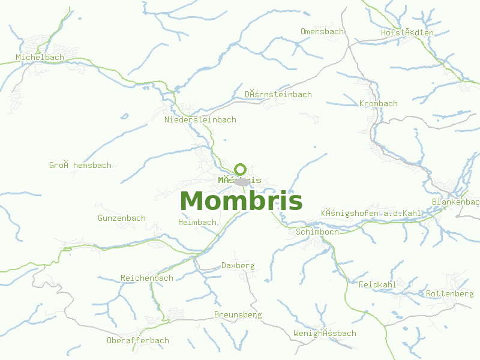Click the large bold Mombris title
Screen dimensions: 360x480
[241, 200]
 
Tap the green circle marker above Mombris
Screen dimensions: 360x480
[241, 169]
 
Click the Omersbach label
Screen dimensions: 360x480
[322, 31]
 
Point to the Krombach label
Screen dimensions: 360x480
[378, 104]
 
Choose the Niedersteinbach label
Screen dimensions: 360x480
[200, 120]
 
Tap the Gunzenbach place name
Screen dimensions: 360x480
[121, 218]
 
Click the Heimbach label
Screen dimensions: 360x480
[197, 223]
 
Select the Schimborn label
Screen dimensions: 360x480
[317, 232]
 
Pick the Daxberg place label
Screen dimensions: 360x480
[238, 265]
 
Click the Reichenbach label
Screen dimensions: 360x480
[147, 278]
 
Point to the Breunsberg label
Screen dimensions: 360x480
[238, 315]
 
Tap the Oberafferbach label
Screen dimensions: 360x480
[138, 341]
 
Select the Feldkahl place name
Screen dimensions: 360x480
[377, 284]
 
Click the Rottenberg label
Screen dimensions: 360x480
[449, 294]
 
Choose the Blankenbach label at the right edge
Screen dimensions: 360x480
[456, 202]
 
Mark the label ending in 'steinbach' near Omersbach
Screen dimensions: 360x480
[278, 95]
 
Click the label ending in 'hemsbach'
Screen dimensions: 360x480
[80, 166]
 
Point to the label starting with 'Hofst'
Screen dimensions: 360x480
[407, 32]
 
